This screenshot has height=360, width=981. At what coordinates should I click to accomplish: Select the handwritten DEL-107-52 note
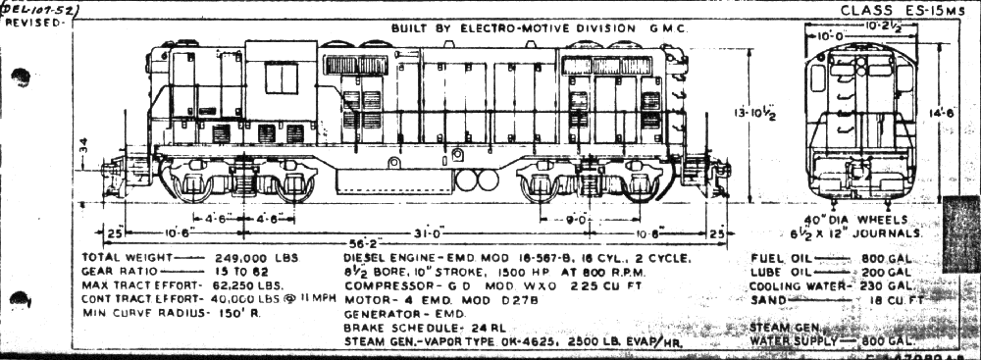click(41, 9)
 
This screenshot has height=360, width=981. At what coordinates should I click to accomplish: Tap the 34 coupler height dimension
click(84, 145)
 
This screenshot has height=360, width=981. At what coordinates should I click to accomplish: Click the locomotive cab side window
click(282, 78)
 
